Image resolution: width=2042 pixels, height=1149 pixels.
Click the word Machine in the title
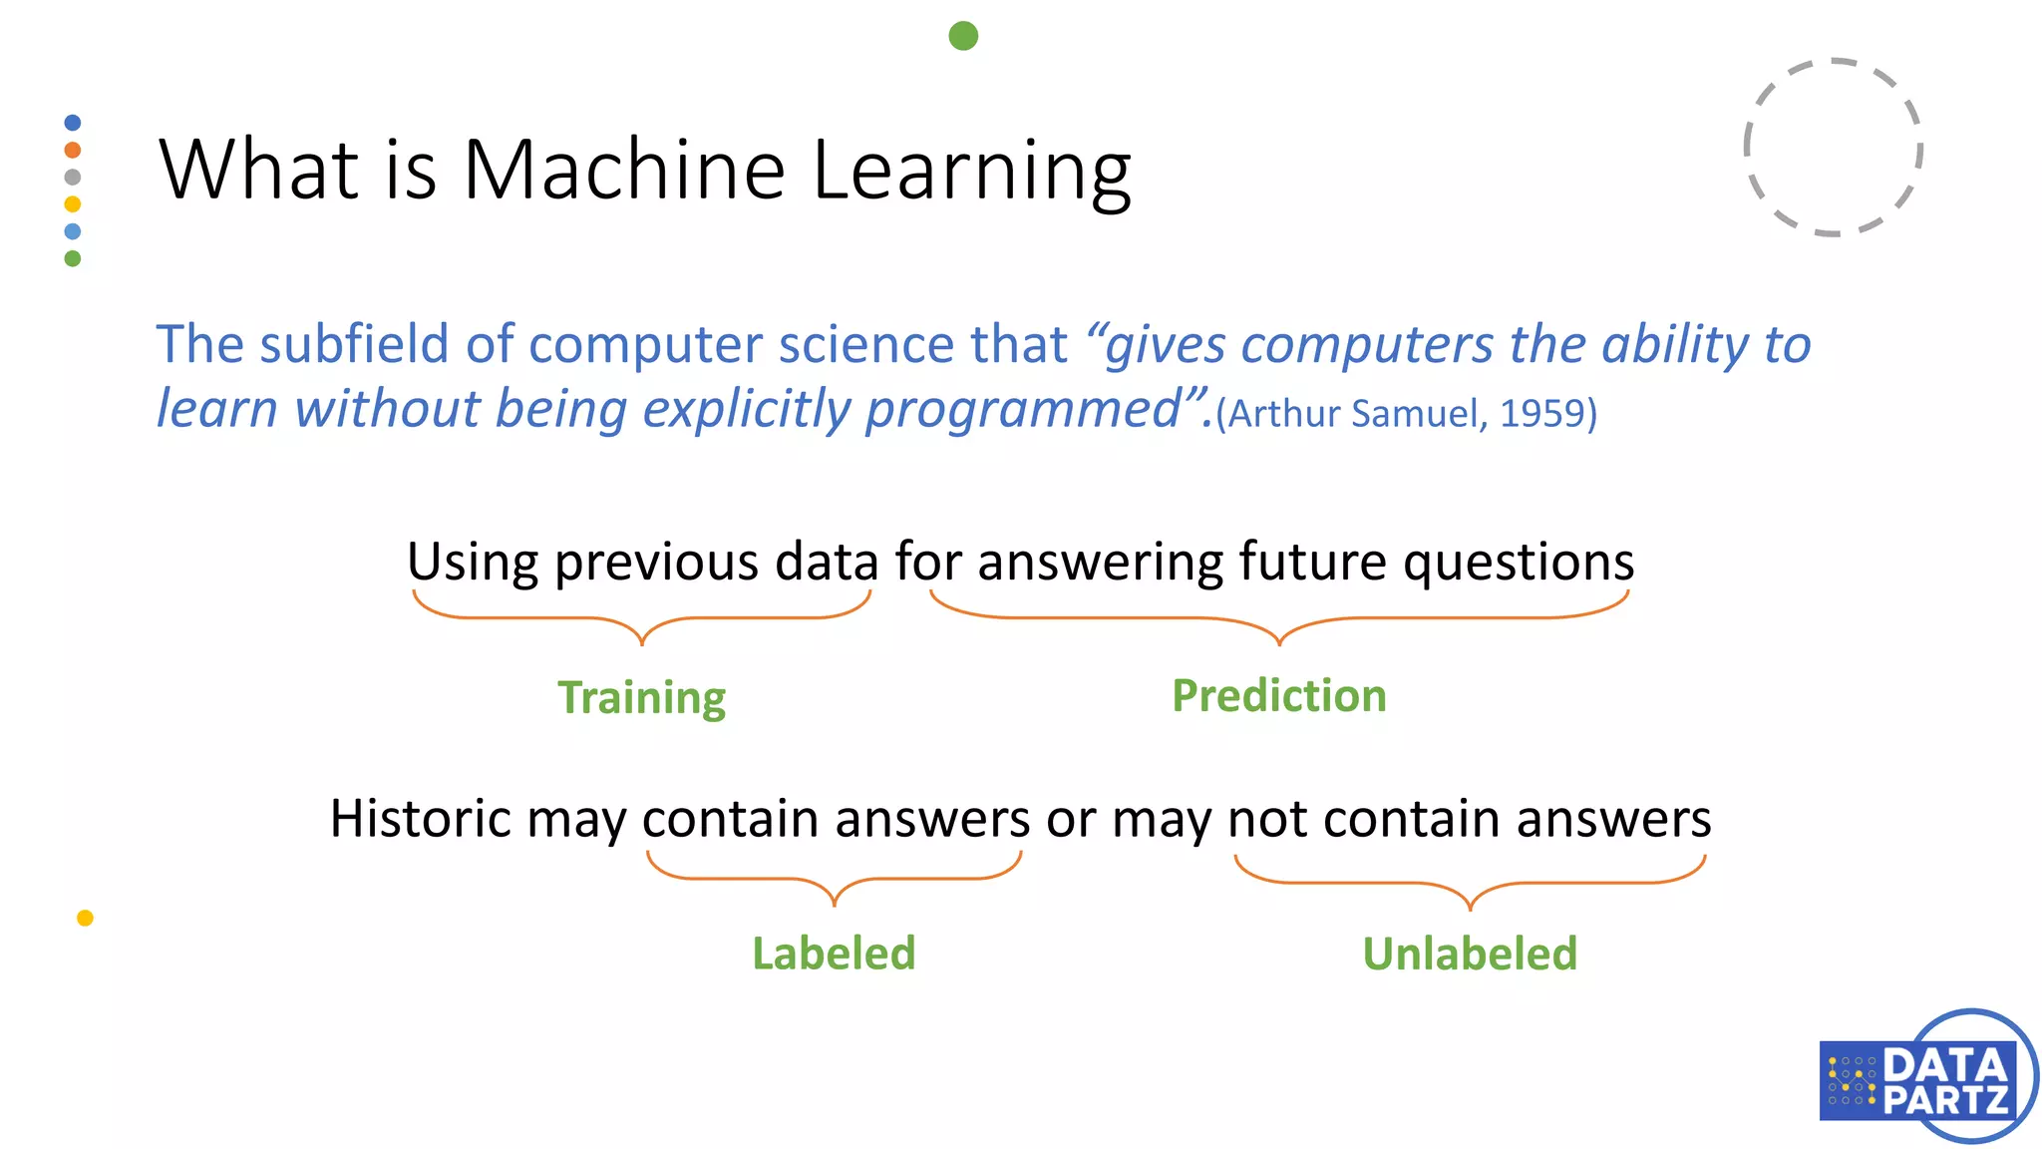[x=624, y=170]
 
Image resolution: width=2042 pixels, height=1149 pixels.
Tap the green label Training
[x=641, y=697]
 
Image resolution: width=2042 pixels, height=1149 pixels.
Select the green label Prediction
[x=1278, y=695]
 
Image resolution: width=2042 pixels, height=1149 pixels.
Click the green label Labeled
[x=834, y=954]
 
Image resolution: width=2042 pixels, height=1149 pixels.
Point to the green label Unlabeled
[x=1470, y=954]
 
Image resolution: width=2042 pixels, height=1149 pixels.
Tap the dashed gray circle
[x=1833, y=148]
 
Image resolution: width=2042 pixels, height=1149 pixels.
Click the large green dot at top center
[x=963, y=36]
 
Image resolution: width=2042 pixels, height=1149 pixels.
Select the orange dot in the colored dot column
[x=72, y=150]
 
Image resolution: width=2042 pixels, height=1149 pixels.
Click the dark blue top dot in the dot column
[x=72, y=123]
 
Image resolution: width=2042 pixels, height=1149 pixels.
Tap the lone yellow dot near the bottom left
[x=85, y=918]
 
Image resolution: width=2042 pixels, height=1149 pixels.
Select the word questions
[x=1518, y=563]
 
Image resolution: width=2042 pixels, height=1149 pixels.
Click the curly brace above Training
[x=641, y=618]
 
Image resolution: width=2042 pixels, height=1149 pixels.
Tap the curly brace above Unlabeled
[x=1470, y=884]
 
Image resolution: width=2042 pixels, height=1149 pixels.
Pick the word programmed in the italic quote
[x=1021, y=409]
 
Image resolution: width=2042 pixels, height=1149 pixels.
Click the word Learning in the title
[x=971, y=170]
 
